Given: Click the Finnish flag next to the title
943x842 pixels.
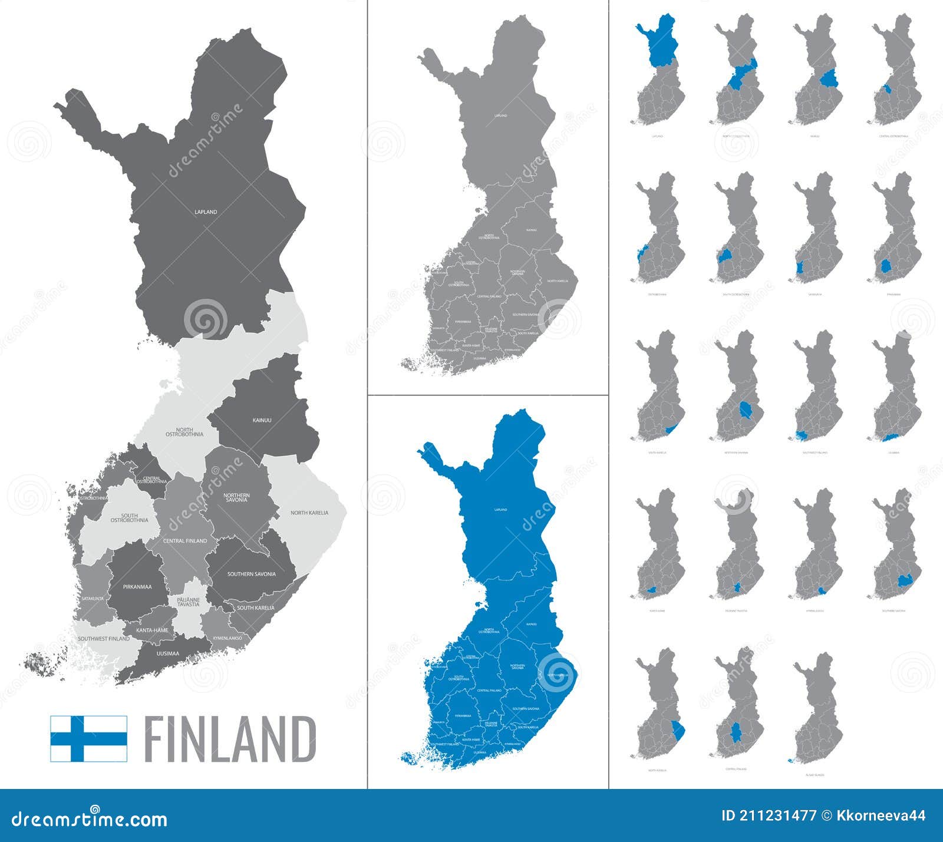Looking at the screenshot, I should coord(88,738).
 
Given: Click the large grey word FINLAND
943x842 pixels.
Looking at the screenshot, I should coord(230,739).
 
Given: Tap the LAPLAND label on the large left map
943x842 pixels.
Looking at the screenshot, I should coord(206,212).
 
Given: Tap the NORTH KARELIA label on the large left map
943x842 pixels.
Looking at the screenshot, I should coord(309,513).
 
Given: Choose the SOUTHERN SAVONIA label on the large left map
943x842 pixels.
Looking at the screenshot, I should coord(252,574).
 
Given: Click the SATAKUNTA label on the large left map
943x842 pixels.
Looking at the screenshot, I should coord(93,598).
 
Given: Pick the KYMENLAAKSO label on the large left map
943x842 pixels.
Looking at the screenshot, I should coord(231,638).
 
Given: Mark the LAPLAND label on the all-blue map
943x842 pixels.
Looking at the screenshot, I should coord(500,510).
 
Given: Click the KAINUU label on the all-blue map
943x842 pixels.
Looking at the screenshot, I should coord(532,624).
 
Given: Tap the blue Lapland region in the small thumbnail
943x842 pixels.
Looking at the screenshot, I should coord(659,49).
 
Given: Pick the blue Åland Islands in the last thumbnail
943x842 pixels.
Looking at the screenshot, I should coord(790,761).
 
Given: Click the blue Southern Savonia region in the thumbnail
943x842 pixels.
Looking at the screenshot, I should coord(904,582).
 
